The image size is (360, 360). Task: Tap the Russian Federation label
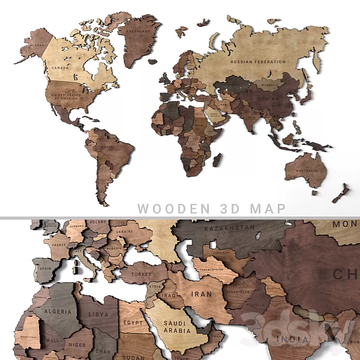[258, 62]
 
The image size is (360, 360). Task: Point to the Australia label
[307, 170]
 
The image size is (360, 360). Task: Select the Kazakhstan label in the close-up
[229, 227]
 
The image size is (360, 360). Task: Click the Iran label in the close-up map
[201, 293]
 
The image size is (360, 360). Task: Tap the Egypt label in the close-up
[133, 323]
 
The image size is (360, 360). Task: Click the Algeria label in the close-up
[58, 312]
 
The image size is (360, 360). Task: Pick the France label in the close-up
[58, 244]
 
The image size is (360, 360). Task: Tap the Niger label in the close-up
[77, 345]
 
